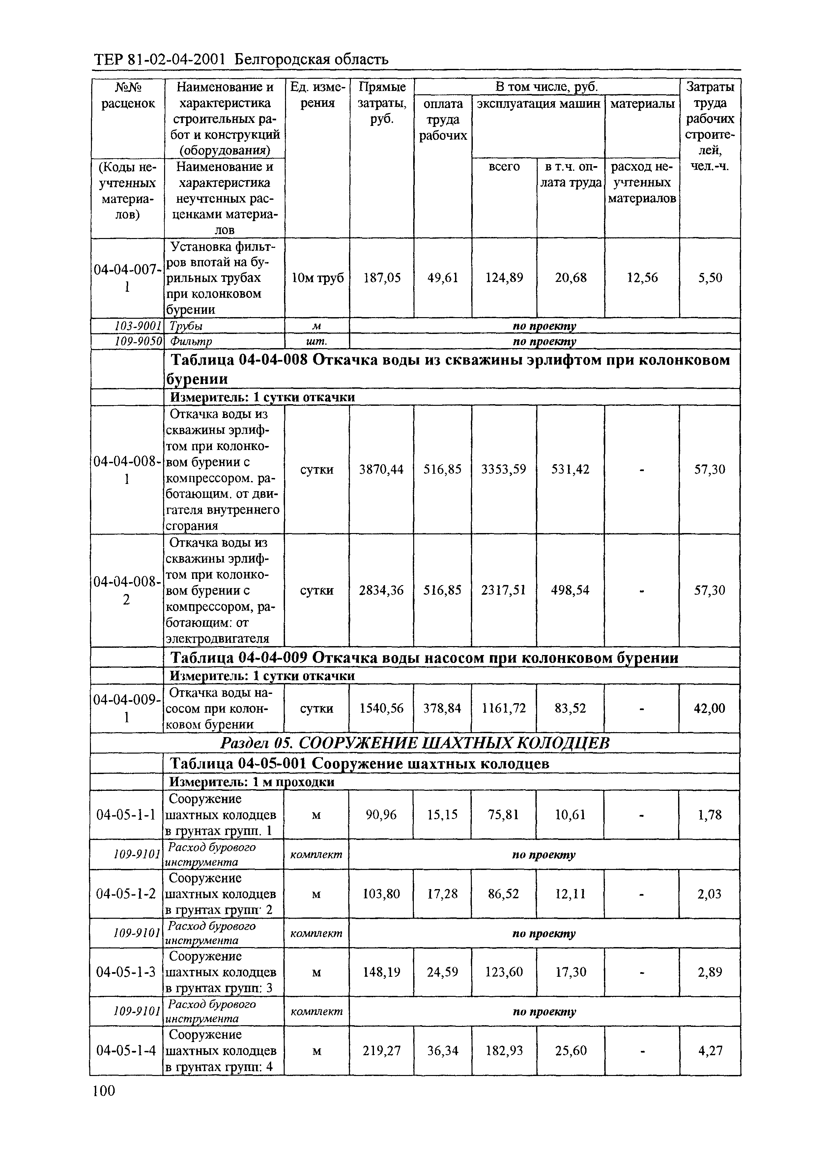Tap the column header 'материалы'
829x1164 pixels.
click(642, 104)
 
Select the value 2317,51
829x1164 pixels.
click(503, 590)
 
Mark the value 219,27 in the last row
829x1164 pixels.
click(381, 1051)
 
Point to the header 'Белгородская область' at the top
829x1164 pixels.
click(311, 60)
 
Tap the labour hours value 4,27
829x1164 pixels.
click(709, 1051)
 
